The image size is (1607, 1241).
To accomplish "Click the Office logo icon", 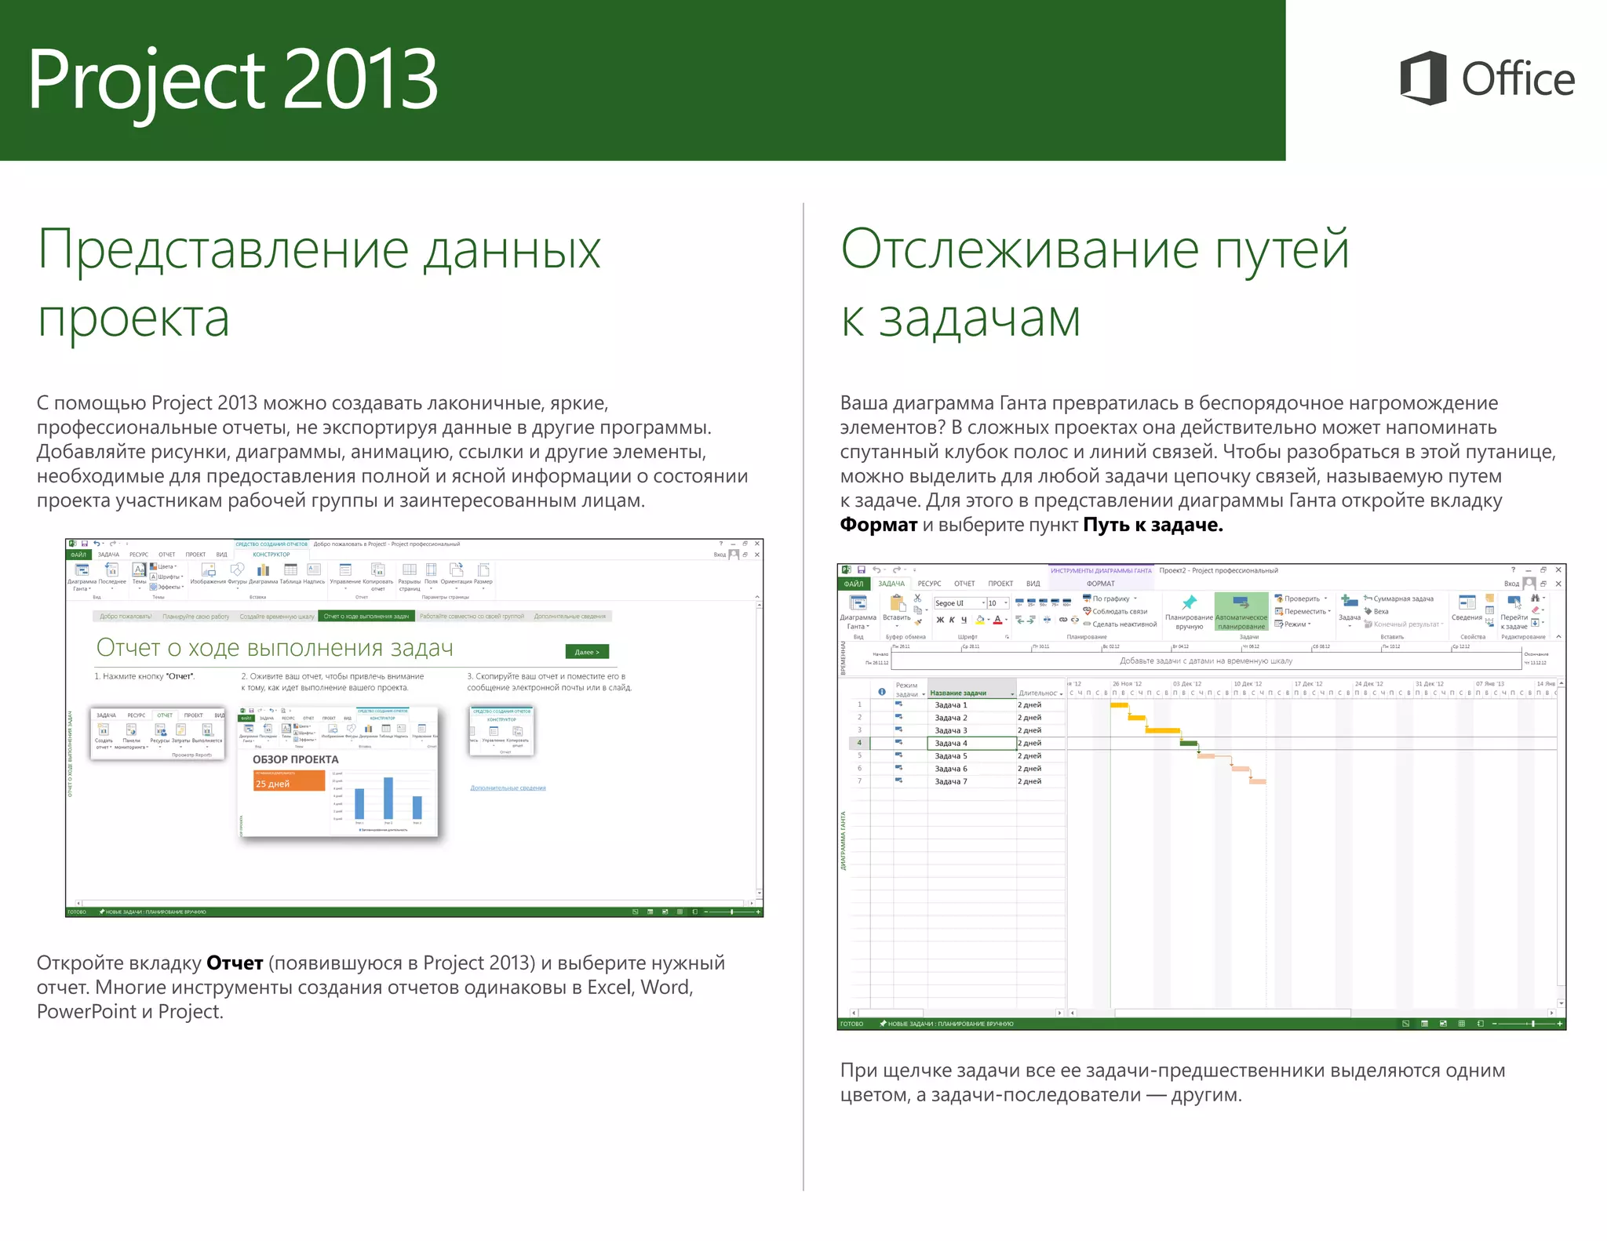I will click(x=1423, y=78).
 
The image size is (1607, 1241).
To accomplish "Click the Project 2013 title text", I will click(x=232, y=79).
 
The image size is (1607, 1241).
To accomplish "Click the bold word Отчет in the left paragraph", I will click(x=234, y=963).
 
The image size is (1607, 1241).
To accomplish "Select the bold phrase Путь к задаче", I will click(x=1152, y=525).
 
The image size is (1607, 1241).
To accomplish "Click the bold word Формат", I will click(x=878, y=525).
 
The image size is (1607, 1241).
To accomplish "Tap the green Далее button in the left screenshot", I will click(x=586, y=652).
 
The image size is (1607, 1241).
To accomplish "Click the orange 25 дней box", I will click(x=289, y=781).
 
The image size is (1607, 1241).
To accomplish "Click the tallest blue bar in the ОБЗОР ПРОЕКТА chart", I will click(x=388, y=798).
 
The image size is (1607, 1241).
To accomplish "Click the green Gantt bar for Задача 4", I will click(x=1189, y=743).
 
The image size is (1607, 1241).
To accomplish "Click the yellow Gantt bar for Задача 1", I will click(x=1119, y=705).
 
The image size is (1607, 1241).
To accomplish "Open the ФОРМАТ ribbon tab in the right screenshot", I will click(x=1100, y=584).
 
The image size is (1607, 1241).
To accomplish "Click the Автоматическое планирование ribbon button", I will click(x=1241, y=612).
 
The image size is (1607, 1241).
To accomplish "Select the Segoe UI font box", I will click(x=957, y=603).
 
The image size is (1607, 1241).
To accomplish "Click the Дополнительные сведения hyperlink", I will click(x=508, y=788).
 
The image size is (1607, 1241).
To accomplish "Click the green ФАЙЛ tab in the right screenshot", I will click(x=854, y=584).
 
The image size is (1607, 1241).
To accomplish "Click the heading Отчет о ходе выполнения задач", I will click(x=275, y=648).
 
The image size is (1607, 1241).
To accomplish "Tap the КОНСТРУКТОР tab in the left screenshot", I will click(x=271, y=555).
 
